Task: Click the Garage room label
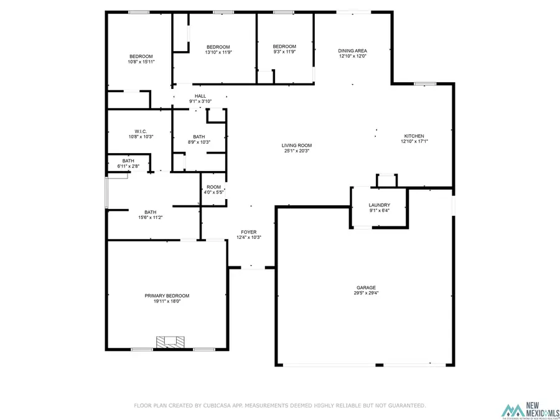tap(365, 287)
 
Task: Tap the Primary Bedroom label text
tap(167, 296)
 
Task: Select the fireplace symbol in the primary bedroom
tap(170, 342)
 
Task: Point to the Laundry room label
tap(379, 205)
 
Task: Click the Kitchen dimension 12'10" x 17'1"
tap(414, 142)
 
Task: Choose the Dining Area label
tap(352, 51)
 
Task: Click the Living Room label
tap(296, 146)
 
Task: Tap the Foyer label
tap(249, 232)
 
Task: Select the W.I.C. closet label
tap(140, 131)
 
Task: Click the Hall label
tap(200, 96)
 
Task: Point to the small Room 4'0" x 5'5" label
tap(213, 187)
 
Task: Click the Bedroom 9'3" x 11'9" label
tap(284, 47)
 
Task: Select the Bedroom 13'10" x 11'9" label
tap(218, 47)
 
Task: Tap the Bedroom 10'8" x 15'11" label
tap(141, 57)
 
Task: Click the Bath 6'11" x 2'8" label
tap(127, 161)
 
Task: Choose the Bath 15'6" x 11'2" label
tap(150, 212)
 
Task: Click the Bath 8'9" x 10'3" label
tap(198, 137)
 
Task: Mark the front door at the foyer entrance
tap(251, 268)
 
